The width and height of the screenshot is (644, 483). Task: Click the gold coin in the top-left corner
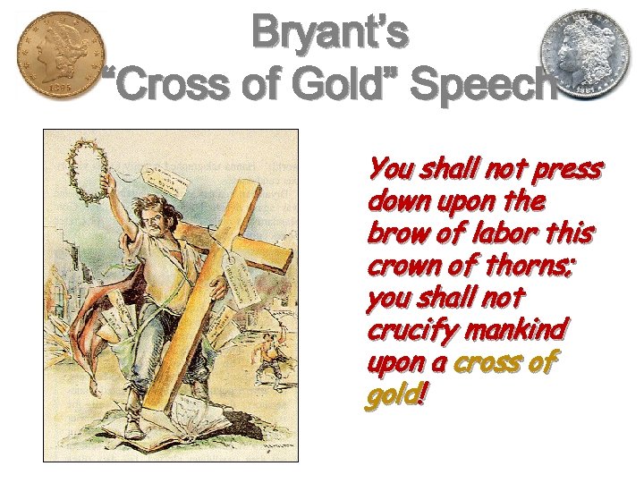coord(60,55)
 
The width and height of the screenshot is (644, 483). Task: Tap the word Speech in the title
coord(487,87)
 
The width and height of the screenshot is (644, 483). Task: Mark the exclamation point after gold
coord(423,394)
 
